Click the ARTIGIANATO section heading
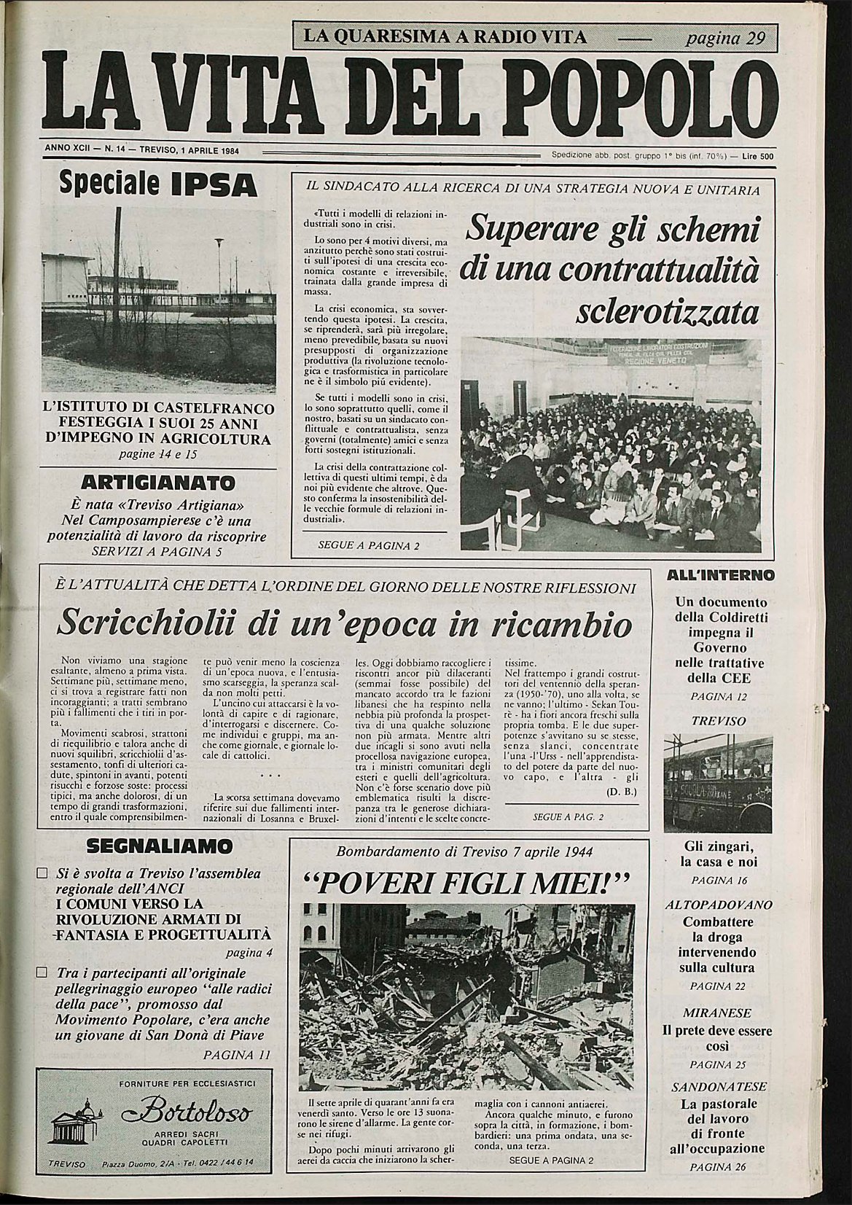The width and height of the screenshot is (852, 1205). [x=157, y=482]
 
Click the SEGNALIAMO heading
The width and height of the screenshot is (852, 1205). [x=159, y=846]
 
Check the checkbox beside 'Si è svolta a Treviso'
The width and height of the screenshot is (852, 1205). [x=42, y=872]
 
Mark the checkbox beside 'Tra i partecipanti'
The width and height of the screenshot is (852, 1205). [x=42, y=972]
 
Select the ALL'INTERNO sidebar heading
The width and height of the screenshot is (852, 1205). [x=720, y=574]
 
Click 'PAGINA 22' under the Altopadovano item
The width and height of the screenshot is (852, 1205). [x=719, y=986]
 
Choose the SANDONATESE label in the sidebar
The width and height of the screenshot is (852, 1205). [x=719, y=1085]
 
